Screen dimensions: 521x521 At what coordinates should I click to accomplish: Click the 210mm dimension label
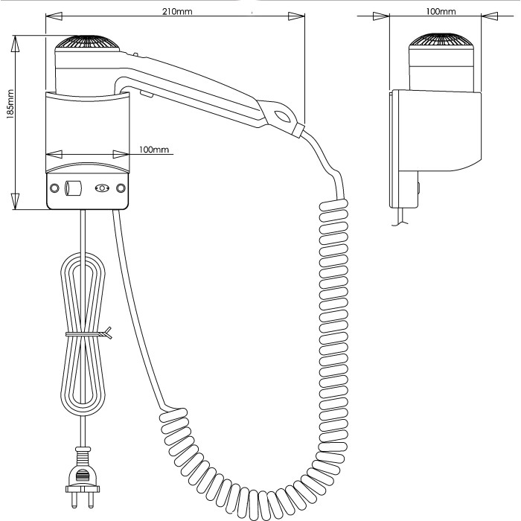coord(177,12)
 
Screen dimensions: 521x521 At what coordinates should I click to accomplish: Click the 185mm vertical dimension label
coord(10,104)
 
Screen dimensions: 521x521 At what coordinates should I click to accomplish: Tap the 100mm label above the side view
coord(441,12)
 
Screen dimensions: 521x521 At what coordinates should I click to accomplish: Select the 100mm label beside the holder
coord(154,150)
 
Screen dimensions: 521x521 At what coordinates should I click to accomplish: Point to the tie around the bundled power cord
coord(89,333)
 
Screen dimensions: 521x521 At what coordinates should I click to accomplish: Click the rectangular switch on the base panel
coord(73,188)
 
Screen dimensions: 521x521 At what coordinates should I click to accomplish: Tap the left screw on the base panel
coord(54,188)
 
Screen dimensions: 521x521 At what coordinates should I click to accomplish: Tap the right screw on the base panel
coord(121,188)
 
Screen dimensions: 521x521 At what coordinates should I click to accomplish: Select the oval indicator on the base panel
coord(102,188)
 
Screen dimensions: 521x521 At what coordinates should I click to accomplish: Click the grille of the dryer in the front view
coord(87,43)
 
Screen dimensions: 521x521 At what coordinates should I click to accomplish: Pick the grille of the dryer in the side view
coord(440,40)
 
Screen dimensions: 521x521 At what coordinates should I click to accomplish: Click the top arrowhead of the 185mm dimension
coord(15,44)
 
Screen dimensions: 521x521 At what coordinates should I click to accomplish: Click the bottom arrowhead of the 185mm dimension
coord(15,201)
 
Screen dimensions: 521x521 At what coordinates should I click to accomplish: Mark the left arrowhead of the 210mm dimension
coord(54,16)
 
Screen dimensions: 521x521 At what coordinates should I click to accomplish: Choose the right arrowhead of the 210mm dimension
coord(296,16)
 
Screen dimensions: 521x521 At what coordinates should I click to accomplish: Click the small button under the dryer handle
coord(147,95)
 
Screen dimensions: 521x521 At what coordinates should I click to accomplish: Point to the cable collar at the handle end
coord(298,130)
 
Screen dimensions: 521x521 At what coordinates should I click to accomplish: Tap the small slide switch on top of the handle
coord(135,54)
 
